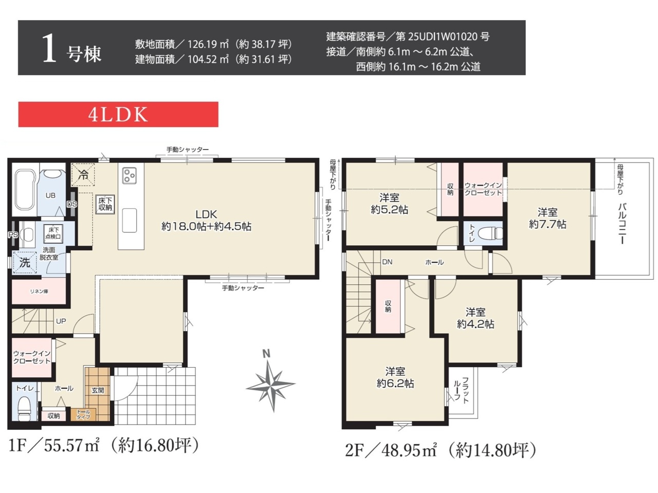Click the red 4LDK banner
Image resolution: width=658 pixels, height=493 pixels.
pos(118,115)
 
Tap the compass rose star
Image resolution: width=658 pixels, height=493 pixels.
pos(271,385)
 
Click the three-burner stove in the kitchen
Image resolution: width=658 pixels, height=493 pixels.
pos(130,175)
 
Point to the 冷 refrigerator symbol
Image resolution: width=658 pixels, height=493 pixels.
pos(83,175)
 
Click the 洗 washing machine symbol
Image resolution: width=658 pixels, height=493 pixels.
pos(25,263)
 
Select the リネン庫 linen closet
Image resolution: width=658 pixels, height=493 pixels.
pos(39,291)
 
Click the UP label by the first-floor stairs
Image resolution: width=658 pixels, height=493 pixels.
pos(61,321)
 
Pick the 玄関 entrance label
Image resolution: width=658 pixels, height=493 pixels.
pos(98,390)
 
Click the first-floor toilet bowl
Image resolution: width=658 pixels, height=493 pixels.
pos(25,409)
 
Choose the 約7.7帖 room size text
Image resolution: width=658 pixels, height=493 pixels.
pos(547,225)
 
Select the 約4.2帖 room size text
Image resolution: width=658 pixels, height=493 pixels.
pos(475,324)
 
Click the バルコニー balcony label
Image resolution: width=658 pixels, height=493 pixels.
pos(622,224)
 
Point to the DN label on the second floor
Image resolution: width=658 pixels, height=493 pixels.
pos(387,262)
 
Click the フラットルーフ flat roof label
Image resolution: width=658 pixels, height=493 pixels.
pos(461,390)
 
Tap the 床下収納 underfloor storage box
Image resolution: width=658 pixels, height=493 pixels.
pos(105,205)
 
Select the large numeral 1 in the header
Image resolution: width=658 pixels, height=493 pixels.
pos(49,48)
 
